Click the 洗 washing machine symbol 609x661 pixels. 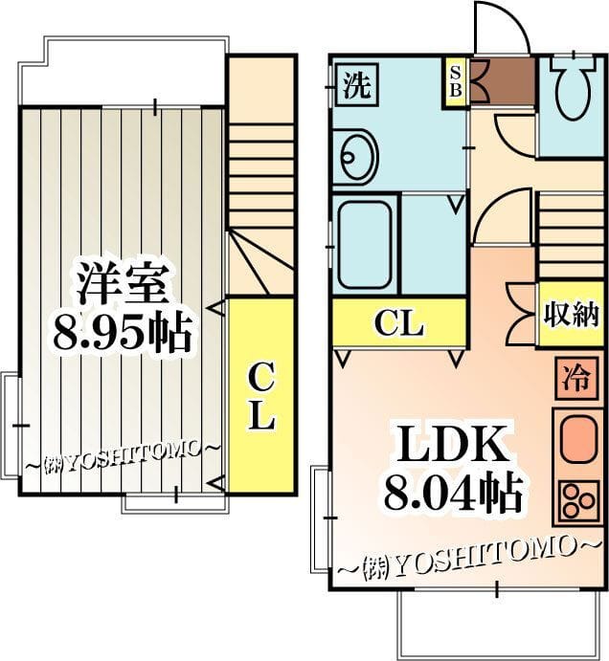357,85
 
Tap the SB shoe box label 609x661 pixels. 456,81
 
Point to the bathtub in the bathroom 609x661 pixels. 364,245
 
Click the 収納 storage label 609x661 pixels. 571,314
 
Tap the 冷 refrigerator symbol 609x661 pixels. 577,378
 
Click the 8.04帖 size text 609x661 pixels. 453,492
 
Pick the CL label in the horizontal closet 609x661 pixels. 399,323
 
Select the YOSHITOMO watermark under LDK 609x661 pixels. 468,558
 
